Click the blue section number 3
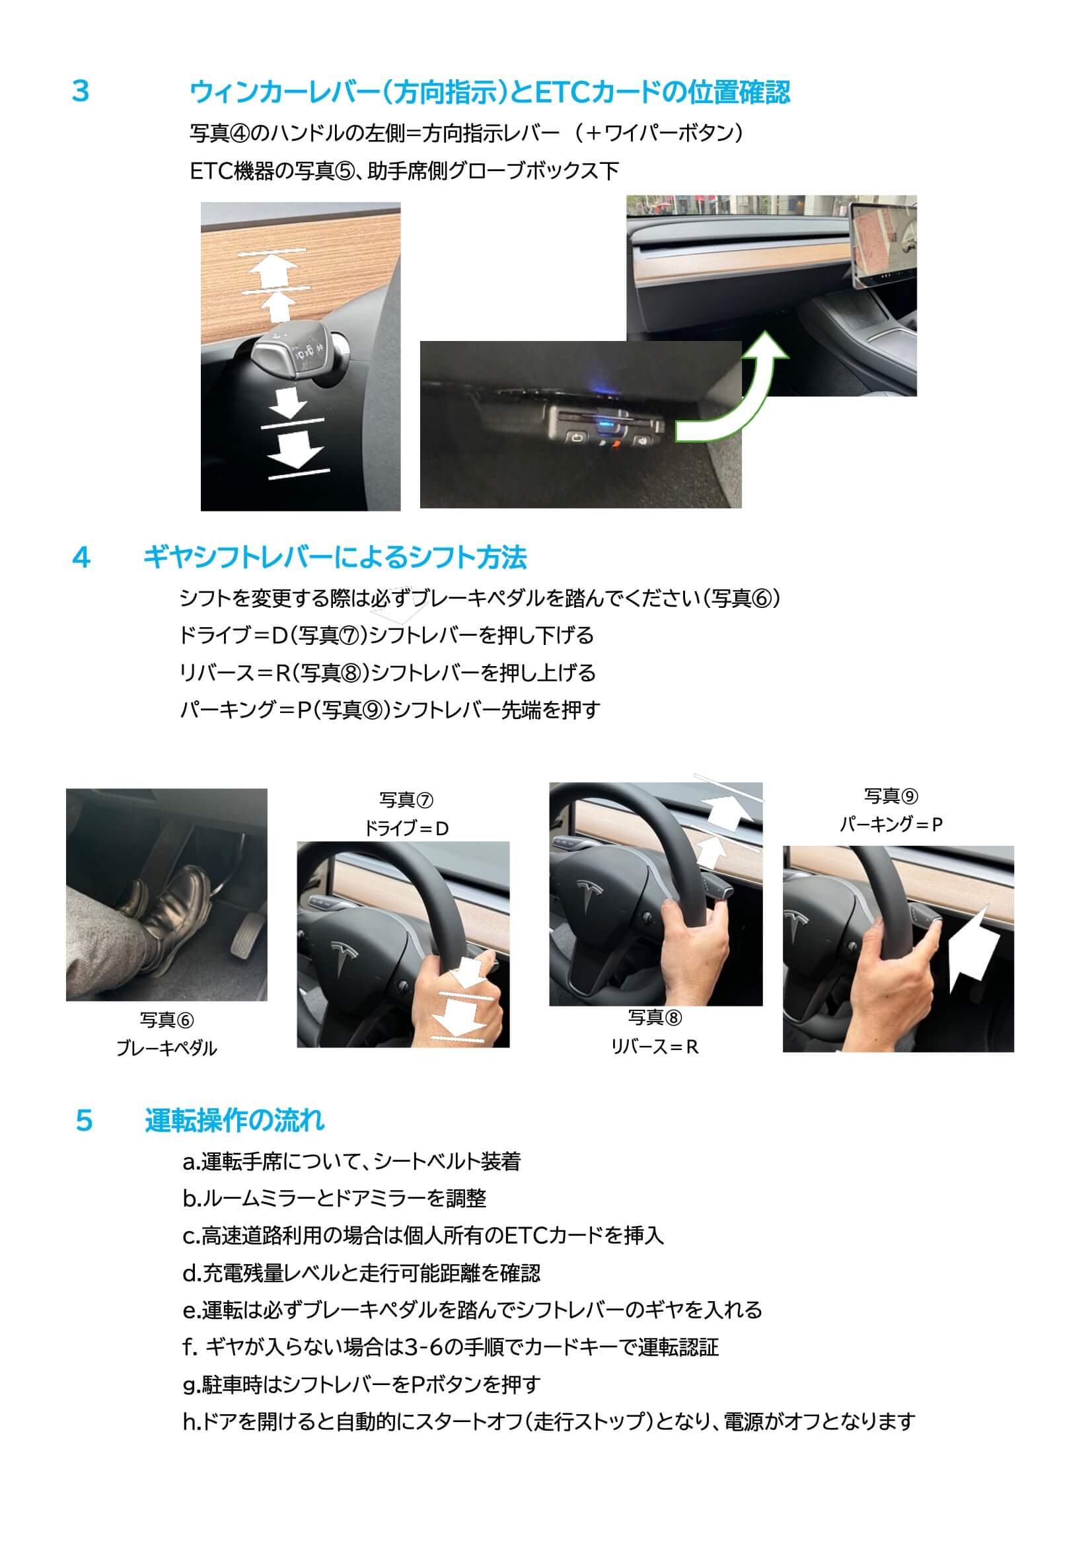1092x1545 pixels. point(80,91)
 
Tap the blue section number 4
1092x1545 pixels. point(81,558)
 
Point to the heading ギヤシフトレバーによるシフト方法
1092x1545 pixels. point(335,558)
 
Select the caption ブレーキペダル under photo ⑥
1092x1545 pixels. point(167,1047)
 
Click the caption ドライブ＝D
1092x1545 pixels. point(406,829)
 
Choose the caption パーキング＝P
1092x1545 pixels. point(891,823)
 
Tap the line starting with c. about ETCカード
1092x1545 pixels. point(423,1236)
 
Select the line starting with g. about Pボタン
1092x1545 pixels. point(361,1384)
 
